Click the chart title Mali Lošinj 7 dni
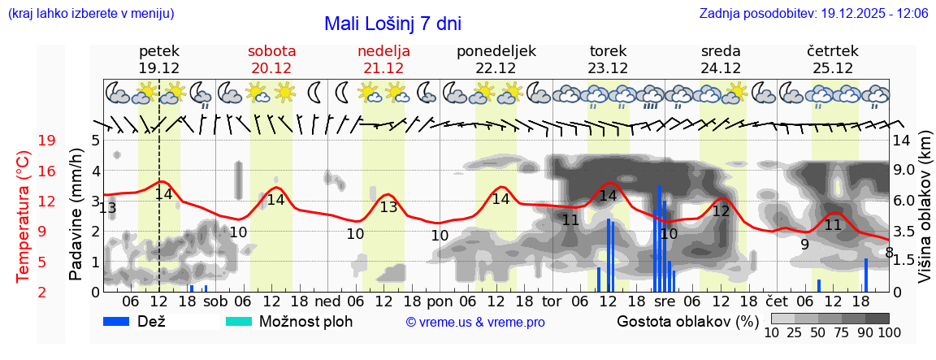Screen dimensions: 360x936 392,24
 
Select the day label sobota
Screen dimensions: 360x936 271,51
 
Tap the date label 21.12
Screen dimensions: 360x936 383,68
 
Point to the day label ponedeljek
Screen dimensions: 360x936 496,51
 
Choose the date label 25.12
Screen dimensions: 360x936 833,68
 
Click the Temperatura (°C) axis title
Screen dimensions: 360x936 24,215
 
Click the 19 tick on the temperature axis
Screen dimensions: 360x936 47,141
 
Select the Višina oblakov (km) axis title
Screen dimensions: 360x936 925,215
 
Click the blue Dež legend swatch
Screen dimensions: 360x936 122,321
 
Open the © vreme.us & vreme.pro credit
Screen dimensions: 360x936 474,322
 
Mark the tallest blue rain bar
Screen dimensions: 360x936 659,236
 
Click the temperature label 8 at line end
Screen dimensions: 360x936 890,252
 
